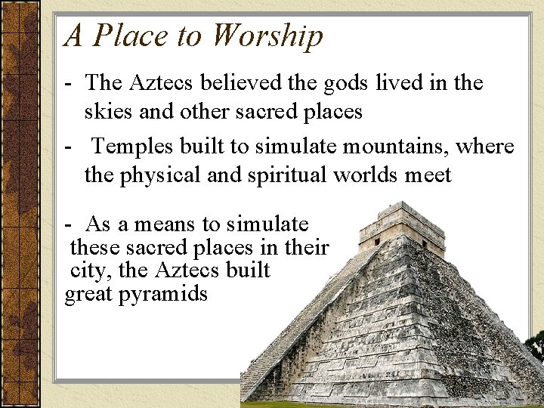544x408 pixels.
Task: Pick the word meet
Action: (427, 175)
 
